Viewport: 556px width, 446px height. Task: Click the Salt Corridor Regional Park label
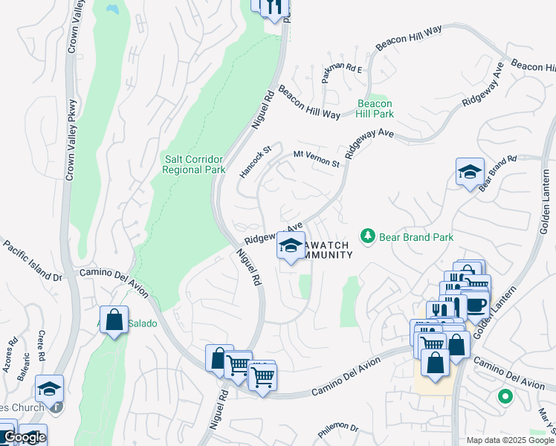tap(194, 164)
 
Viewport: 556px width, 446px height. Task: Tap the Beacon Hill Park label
tap(375, 109)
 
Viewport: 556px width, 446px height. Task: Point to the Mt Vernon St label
tap(316, 158)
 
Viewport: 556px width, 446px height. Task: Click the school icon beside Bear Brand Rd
tap(470, 172)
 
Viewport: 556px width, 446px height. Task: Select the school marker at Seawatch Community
tap(291, 245)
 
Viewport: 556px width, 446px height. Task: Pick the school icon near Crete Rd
tap(50, 389)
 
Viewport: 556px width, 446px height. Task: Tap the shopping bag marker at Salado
tap(114, 320)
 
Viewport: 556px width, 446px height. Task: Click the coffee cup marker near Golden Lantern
tap(475, 305)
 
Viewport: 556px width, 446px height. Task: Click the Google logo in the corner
tap(24, 438)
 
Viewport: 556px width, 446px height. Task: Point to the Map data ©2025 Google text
tap(510, 440)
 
